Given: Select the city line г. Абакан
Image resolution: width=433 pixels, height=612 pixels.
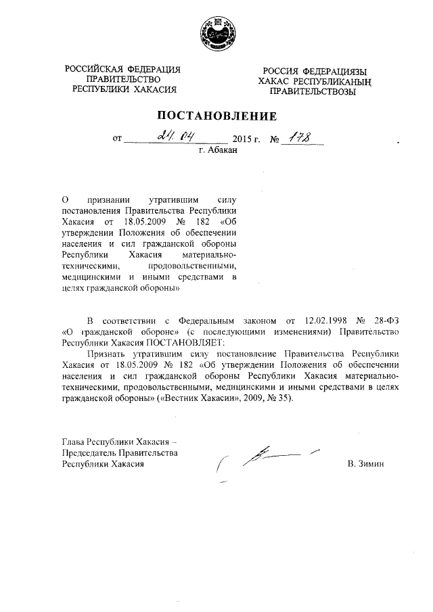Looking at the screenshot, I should (x=219, y=153).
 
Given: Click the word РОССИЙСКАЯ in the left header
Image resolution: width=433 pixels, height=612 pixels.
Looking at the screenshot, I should (x=94, y=70).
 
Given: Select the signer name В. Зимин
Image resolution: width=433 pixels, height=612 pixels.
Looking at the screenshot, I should (x=365, y=465).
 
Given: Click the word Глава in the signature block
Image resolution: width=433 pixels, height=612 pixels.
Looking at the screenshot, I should (x=74, y=442).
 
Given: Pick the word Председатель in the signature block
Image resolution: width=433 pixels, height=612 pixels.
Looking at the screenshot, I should (x=89, y=453).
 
